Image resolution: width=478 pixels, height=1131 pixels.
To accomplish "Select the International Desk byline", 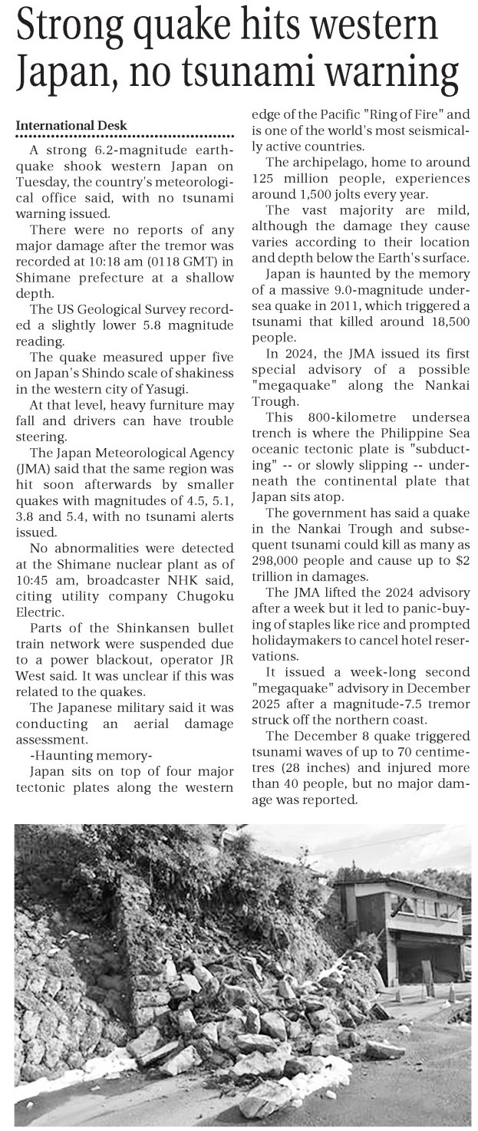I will point(71,126).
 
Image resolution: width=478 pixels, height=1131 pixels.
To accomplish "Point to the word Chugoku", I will point(203,608).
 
